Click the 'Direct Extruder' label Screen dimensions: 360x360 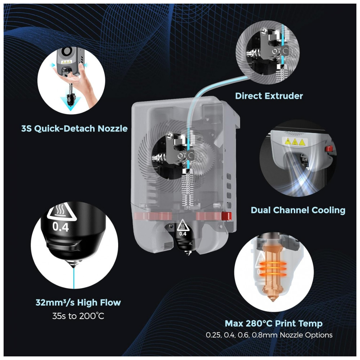tap(269, 96)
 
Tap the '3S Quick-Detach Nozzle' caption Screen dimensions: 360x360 tap(74, 129)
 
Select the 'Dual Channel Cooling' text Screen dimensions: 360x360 tap(298, 210)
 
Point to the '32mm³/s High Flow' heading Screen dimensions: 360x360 tap(78, 302)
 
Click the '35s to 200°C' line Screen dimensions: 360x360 tap(78, 316)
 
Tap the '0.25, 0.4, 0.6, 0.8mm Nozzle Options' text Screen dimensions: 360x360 tap(269, 335)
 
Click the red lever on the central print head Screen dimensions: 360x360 tap(226, 216)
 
